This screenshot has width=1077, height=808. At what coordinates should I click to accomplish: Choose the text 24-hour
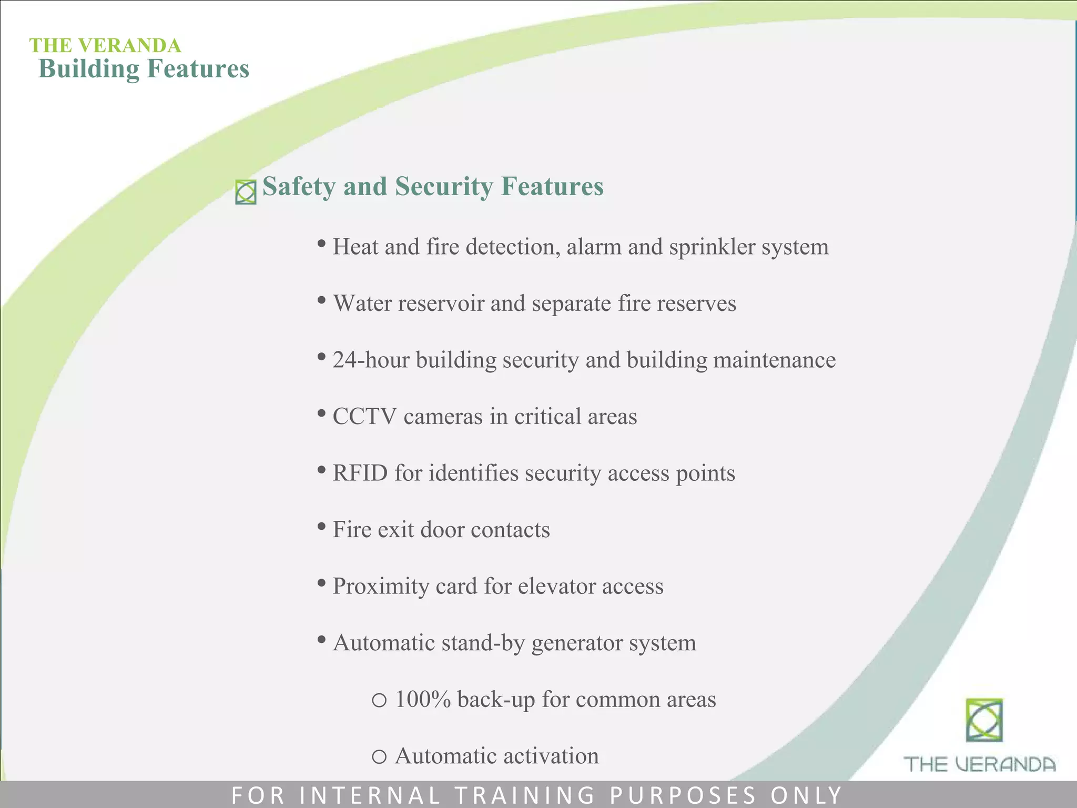click(x=371, y=360)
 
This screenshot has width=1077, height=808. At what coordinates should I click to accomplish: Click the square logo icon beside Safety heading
click(x=246, y=192)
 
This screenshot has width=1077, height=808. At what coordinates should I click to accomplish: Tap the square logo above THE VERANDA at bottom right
click(x=984, y=720)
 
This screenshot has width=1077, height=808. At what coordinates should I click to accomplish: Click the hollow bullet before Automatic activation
click(x=379, y=757)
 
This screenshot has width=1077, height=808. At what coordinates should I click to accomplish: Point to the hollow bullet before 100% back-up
click(x=379, y=700)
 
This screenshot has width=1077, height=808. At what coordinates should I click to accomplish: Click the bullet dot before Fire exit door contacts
click(x=321, y=527)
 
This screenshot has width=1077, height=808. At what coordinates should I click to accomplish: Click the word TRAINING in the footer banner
click(x=525, y=795)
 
